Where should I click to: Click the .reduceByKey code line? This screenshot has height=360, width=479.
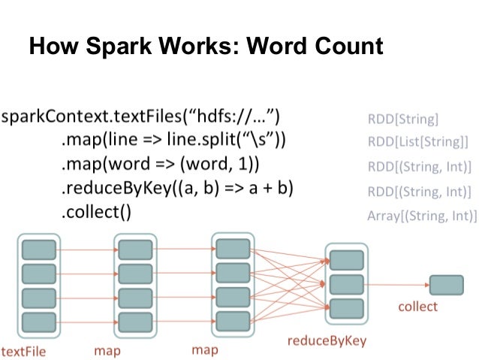point(177,188)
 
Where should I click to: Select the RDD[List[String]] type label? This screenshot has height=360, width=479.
point(417,141)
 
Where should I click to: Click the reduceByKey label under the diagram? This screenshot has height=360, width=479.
point(327,340)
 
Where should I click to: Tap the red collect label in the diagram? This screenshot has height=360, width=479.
point(417,307)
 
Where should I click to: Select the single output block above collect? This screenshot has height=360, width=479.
point(446,285)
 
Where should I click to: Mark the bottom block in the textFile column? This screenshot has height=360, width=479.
point(40,321)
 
